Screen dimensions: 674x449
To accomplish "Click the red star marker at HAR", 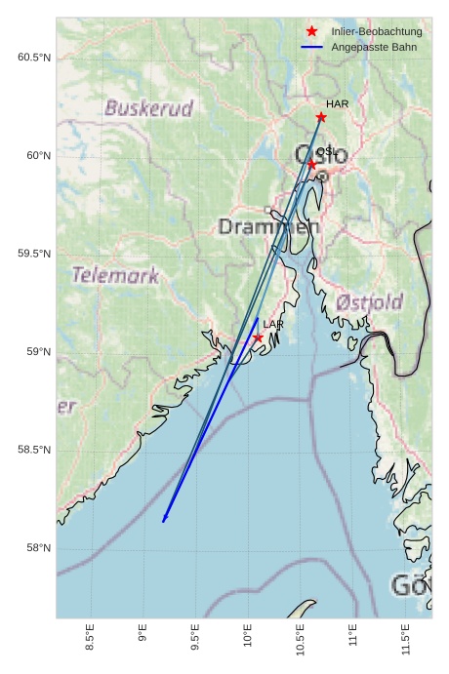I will (321, 117).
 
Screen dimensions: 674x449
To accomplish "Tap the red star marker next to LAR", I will (258, 337).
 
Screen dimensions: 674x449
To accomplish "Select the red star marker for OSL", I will (311, 164).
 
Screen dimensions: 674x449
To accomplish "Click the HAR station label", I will (337, 104).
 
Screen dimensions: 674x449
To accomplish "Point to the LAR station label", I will (273, 324).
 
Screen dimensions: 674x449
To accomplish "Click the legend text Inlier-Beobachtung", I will (376, 31).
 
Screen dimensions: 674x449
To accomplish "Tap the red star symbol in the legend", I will (311, 31).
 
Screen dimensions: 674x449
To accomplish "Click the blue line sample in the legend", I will (311, 46).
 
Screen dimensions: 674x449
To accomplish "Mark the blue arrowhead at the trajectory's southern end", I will (164, 520).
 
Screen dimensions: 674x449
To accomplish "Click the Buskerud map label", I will (149, 108).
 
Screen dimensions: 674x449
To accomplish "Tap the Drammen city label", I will (268, 227).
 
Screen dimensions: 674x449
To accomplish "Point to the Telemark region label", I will (115, 275).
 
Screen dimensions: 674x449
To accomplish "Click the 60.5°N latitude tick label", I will (32, 58).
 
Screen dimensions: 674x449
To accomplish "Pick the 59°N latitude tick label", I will (35, 352).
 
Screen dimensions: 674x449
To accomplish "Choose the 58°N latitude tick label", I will (35, 548).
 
